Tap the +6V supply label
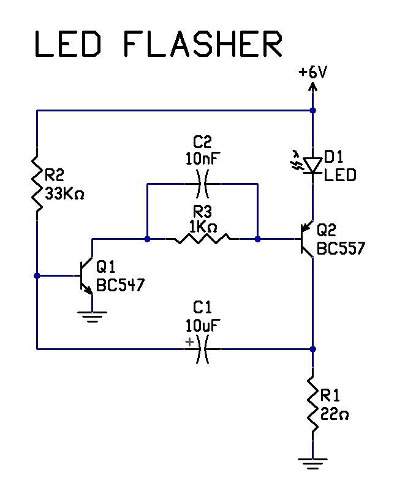click(313, 72)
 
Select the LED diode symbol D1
click(313, 165)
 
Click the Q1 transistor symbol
click(86, 275)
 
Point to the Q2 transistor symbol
click(307, 239)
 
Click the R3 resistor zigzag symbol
click(202, 238)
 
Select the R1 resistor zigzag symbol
click(313, 405)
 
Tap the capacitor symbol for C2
click(202, 183)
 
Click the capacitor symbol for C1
click(202, 349)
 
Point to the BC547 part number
click(121, 285)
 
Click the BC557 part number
click(341, 249)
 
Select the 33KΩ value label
click(64, 194)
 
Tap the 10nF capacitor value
click(203, 159)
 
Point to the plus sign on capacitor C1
click(189, 342)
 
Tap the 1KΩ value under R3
click(203, 225)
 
